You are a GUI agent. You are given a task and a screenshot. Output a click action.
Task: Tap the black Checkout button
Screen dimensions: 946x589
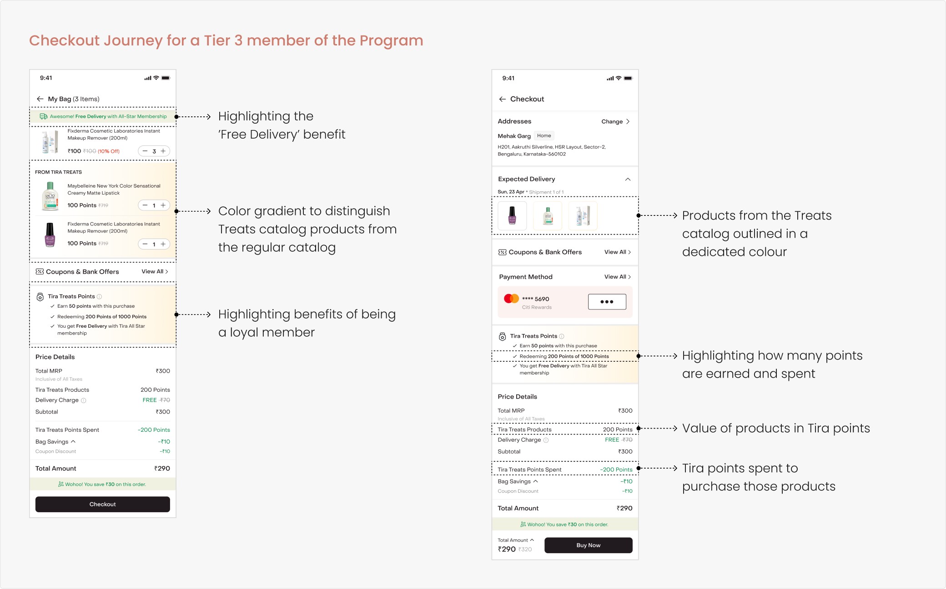(x=102, y=504)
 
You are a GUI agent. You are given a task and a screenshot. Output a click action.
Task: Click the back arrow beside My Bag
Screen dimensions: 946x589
(x=40, y=99)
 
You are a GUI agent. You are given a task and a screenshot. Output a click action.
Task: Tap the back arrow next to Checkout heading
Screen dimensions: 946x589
(x=502, y=99)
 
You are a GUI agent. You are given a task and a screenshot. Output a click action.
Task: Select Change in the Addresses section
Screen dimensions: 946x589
(x=612, y=121)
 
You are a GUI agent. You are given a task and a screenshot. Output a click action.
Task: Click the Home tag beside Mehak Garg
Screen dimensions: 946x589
(x=544, y=135)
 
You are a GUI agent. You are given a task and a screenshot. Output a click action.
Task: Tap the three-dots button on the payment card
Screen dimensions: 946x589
(x=607, y=302)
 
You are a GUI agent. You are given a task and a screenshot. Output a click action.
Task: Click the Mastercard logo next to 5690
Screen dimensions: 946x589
(x=511, y=299)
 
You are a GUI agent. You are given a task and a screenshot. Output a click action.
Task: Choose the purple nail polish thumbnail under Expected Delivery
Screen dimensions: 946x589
(x=512, y=215)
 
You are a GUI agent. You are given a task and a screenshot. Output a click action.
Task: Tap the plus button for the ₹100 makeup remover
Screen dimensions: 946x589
(x=163, y=151)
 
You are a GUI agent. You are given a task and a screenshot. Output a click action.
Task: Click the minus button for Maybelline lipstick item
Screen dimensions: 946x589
(x=145, y=205)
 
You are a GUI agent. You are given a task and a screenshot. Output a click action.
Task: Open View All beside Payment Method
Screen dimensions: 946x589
(x=617, y=277)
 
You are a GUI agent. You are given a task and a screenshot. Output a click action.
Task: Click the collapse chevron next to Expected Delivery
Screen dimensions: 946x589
(x=628, y=179)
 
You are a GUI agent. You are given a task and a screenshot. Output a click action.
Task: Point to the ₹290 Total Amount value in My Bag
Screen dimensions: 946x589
(x=162, y=469)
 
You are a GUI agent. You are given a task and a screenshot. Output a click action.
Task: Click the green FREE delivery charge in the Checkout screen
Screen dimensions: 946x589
(x=612, y=439)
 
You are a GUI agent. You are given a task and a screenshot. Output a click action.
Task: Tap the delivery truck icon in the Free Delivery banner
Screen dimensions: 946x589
(x=44, y=116)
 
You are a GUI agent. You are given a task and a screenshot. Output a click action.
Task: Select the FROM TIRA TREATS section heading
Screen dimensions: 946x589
(x=58, y=172)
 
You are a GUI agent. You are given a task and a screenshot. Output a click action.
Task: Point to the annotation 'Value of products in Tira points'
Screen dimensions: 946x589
(x=776, y=429)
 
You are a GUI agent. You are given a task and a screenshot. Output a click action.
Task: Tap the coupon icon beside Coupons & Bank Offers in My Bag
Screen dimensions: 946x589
(x=40, y=272)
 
